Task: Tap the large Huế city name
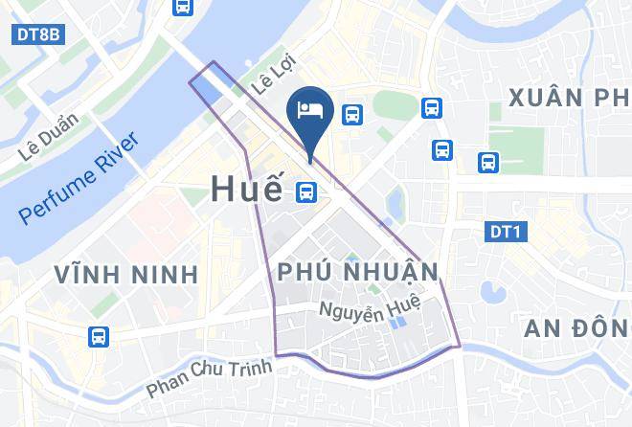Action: point(246,190)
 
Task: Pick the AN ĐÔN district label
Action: point(578,328)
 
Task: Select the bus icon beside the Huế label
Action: point(306,191)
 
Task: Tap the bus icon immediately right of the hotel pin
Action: point(352,115)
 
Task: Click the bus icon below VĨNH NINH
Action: point(98,337)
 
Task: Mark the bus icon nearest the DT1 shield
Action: point(488,163)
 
